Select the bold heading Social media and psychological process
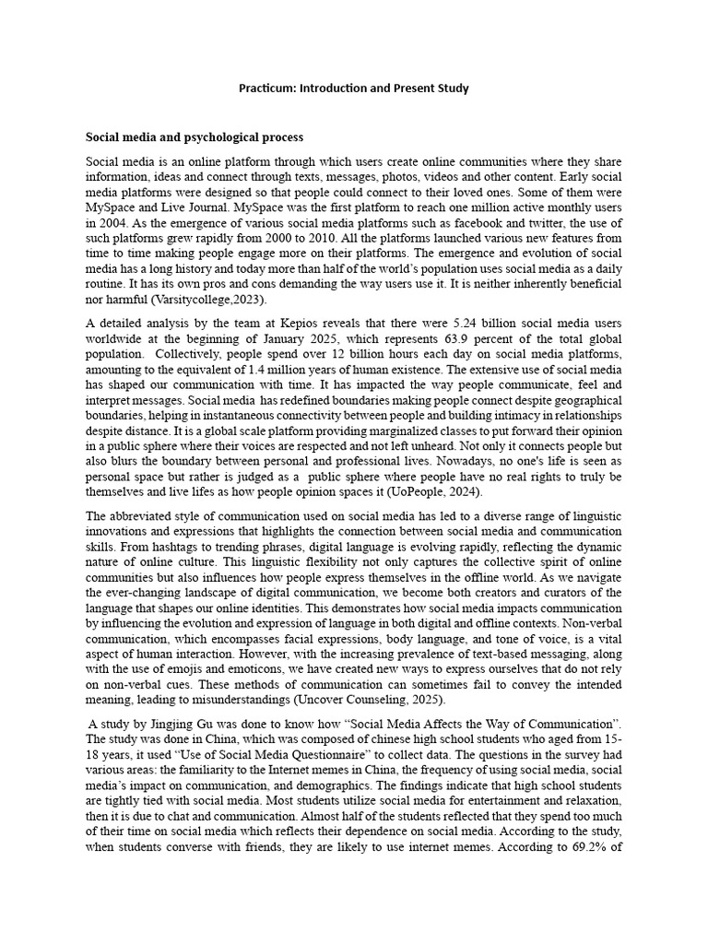[x=195, y=137]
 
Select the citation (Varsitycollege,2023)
[x=200, y=300]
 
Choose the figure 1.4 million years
[x=276, y=368]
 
